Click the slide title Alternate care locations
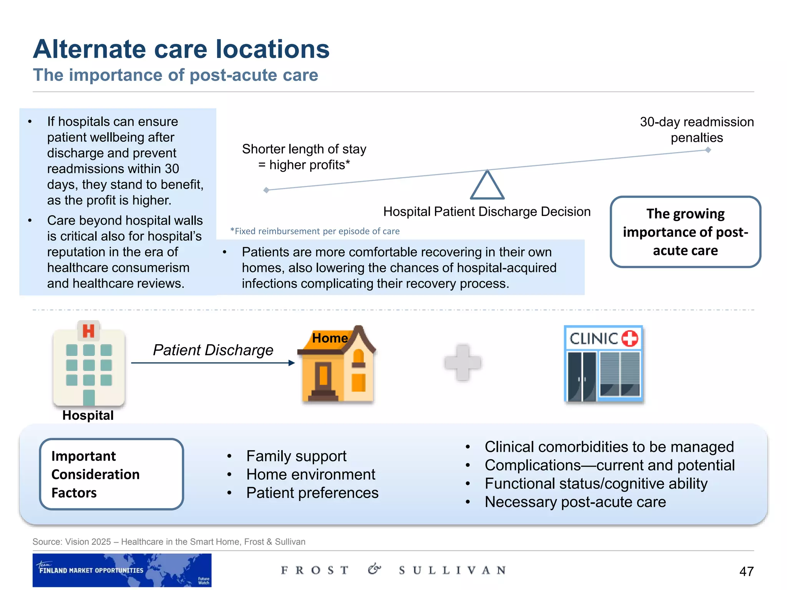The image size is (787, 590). point(181,49)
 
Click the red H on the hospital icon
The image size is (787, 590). point(88,331)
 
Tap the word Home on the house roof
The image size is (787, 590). point(330,338)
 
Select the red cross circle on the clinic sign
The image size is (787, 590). point(629,338)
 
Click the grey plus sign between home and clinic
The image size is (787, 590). point(463,363)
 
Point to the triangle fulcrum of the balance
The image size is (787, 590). point(487,186)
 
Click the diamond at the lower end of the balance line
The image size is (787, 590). point(266,190)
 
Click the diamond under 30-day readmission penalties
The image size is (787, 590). point(708,150)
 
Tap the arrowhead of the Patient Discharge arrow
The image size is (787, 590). point(292,363)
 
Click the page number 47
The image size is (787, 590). point(746,571)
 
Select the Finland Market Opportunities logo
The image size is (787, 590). point(122,570)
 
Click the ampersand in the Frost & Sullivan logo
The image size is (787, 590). point(374,569)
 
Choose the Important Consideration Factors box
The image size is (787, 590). point(111,474)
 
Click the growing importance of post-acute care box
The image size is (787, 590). point(685,232)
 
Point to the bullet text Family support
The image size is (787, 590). point(296,456)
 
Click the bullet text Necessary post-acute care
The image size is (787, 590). point(575,502)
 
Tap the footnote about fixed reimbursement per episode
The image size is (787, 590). point(315,231)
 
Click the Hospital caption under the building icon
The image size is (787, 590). point(88,415)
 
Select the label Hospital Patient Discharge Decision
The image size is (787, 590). point(486,212)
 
